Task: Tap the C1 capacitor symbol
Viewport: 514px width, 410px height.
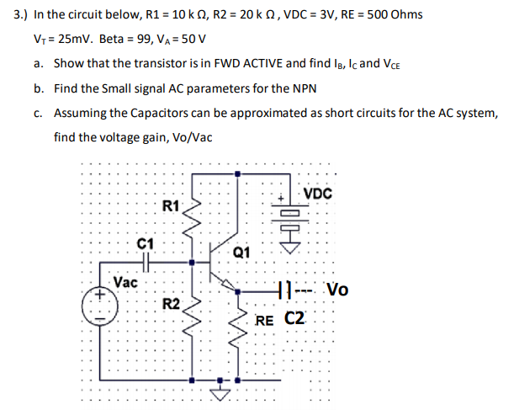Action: [146, 261]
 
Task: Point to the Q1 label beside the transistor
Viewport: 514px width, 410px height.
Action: [241, 250]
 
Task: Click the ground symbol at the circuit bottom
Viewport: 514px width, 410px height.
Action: [220, 390]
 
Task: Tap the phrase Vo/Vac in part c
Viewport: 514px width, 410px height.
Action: [190, 137]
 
